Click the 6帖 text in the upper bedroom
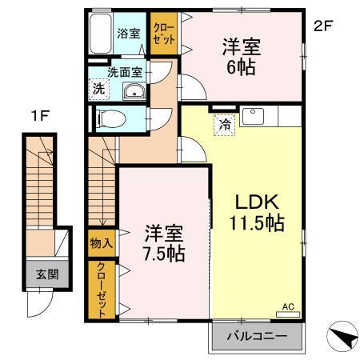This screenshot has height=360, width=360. (240, 67)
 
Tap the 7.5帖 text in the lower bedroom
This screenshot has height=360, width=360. (165, 254)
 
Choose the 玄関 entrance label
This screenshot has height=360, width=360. (41, 274)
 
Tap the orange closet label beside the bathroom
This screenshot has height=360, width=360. (161, 35)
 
